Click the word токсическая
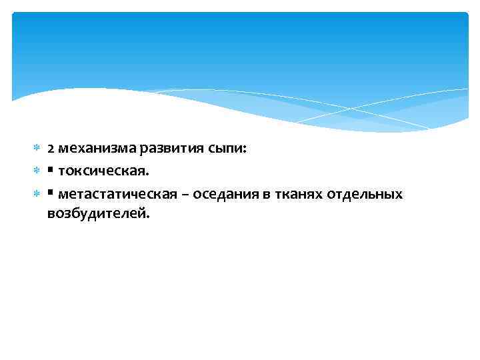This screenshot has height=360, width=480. click(x=101, y=172)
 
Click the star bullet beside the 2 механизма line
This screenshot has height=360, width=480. click(x=37, y=151)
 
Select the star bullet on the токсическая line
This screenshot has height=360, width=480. click(x=37, y=172)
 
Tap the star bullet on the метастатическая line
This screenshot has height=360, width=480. click(x=37, y=194)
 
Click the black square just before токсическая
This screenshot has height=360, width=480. click(x=51, y=171)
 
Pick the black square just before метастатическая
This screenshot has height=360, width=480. click(x=51, y=193)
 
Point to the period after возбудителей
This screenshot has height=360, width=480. click(x=149, y=217)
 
